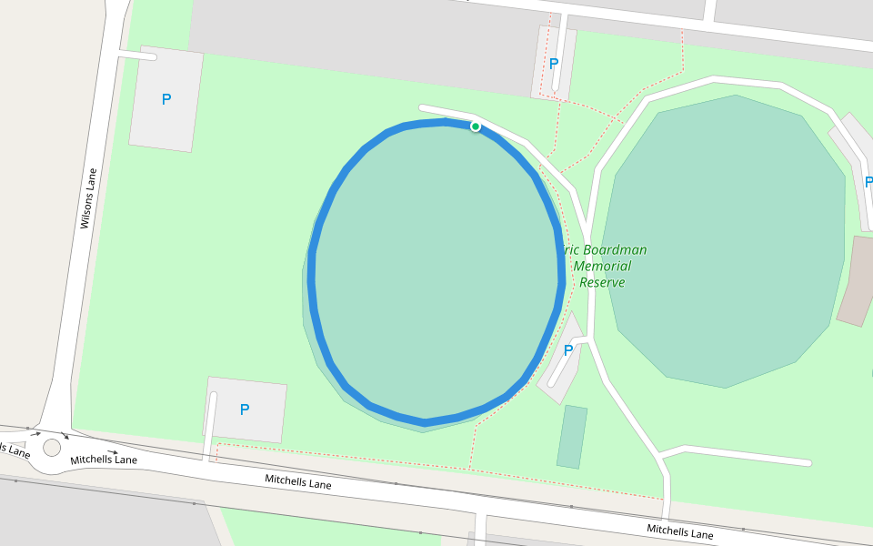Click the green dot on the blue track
pyautogui.click(x=475, y=126)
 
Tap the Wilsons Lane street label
pyautogui.click(x=88, y=197)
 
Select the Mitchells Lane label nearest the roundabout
pyautogui.click(x=104, y=460)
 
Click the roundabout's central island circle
pyautogui.click(x=52, y=447)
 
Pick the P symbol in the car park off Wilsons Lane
pyautogui.click(x=166, y=99)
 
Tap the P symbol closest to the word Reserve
pyautogui.click(x=568, y=349)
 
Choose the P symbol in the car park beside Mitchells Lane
pyautogui.click(x=244, y=409)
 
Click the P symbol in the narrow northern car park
pyautogui.click(x=553, y=64)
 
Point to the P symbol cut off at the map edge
pyautogui.click(x=868, y=182)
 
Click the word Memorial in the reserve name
pyautogui.click(x=602, y=266)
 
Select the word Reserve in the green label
pyautogui.click(x=602, y=282)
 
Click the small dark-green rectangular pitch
pyautogui.click(x=571, y=437)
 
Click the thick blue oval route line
pyautogui.click(x=313, y=273)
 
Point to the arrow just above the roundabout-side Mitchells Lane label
pyautogui.click(x=112, y=451)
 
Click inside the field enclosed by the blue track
pyautogui.click(x=436, y=273)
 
